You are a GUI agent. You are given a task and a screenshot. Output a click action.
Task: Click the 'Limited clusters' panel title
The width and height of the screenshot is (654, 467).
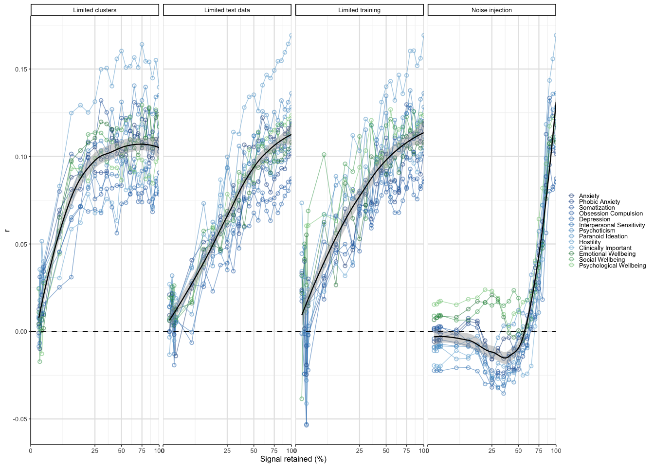point(95,10)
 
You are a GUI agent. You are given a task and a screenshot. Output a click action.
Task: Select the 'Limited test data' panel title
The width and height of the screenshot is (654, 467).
point(227,10)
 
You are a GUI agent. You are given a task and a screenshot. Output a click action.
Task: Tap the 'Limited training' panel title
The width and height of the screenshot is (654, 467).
point(360,10)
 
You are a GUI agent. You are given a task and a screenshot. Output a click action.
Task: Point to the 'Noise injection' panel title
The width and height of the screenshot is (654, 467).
point(491,10)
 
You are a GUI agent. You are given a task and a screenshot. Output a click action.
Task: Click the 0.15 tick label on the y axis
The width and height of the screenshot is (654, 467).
point(21,69)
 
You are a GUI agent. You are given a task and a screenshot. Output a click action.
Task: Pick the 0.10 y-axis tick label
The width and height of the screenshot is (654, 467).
point(21,157)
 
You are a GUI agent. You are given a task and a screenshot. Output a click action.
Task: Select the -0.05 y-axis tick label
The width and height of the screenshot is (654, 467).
point(20,419)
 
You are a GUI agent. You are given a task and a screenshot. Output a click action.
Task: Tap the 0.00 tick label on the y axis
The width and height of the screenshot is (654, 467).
point(21,332)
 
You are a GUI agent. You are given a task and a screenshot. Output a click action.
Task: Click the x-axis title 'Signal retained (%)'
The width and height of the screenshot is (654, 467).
point(293,459)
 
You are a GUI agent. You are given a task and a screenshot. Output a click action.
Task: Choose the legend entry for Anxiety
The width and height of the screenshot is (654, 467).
point(589,196)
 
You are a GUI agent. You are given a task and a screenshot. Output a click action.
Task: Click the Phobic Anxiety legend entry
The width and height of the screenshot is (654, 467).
point(599,202)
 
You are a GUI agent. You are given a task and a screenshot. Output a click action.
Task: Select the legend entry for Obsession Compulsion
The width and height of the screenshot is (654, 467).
point(611,214)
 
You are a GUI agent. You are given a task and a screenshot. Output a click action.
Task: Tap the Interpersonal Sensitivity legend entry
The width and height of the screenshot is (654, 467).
point(612,225)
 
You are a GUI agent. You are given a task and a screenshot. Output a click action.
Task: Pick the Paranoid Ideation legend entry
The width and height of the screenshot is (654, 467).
point(603,236)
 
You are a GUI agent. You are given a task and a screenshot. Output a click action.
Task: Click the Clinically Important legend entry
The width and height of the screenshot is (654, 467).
point(605,248)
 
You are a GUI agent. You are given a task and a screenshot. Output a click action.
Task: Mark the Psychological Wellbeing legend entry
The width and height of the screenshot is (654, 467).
point(612,266)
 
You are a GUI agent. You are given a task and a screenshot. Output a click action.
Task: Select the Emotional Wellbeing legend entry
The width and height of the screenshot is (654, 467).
point(607,254)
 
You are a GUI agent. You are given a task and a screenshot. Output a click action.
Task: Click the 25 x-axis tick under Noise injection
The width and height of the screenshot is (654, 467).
point(492,451)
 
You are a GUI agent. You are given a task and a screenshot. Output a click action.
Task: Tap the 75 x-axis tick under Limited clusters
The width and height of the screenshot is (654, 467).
point(142,451)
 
